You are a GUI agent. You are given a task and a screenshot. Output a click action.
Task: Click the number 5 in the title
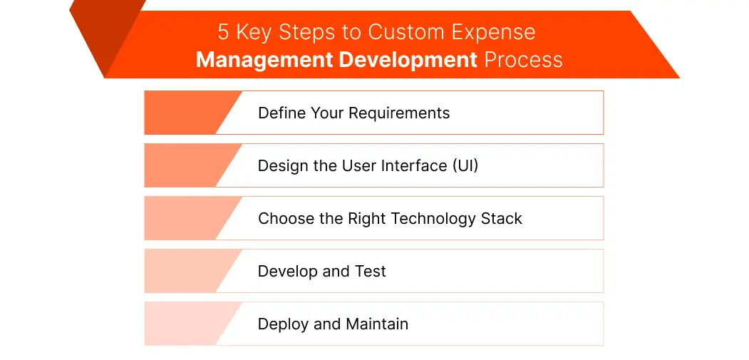pyautogui.click(x=224, y=33)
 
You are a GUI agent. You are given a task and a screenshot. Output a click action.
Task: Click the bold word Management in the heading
pyautogui.click(x=264, y=59)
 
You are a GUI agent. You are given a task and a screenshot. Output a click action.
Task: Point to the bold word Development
pyautogui.click(x=408, y=59)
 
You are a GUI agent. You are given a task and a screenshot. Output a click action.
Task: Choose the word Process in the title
pyautogui.click(x=523, y=59)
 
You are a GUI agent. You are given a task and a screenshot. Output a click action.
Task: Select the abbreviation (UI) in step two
pyautogui.click(x=465, y=165)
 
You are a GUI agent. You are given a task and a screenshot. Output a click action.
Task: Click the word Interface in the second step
pyautogui.click(x=410, y=165)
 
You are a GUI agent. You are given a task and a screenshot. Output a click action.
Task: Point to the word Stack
pyautogui.click(x=502, y=218)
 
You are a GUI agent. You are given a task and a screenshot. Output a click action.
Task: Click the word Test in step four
pyautogui.click(x=370, y=271)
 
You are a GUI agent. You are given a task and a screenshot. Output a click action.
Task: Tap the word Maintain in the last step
pyautogui.click(x=377, y=324)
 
